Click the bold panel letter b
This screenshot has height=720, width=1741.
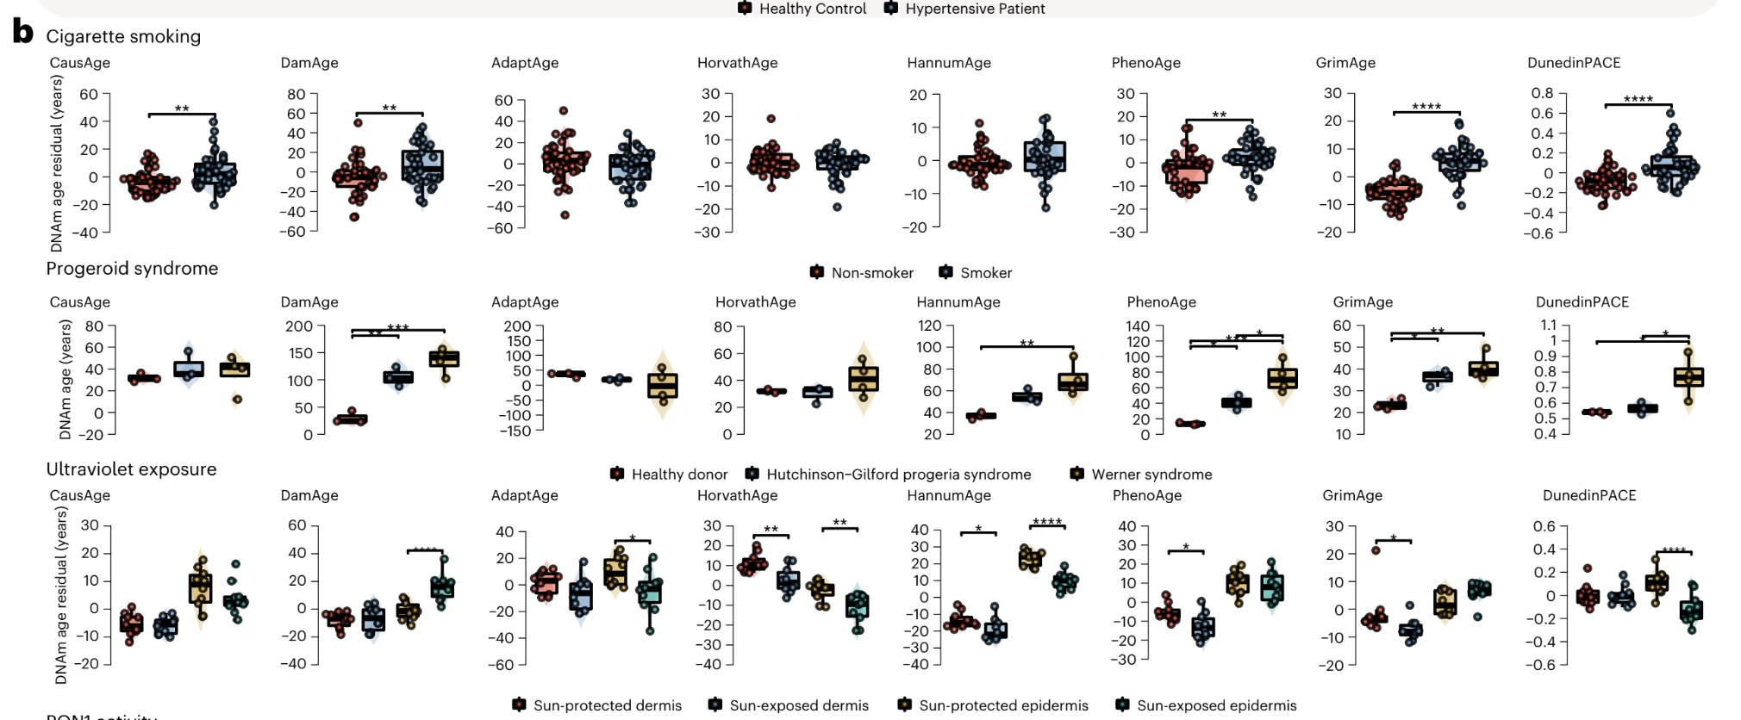22,33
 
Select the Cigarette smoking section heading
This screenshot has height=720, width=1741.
123,36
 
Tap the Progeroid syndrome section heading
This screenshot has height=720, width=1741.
132,269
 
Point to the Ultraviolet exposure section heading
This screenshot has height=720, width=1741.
131,469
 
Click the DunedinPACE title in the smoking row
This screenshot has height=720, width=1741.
1574,63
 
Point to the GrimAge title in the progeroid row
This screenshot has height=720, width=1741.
1363,302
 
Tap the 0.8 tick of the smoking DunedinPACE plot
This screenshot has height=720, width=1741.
1542,93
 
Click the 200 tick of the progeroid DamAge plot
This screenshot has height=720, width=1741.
299,326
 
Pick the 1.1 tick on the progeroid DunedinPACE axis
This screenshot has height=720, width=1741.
1548,325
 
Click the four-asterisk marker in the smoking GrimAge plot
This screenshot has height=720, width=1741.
1426,107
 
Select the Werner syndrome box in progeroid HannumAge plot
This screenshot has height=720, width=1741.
1073,382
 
